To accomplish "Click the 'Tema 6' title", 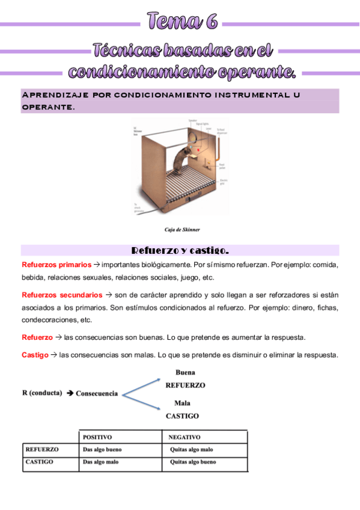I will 181,22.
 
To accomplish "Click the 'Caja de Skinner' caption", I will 182,229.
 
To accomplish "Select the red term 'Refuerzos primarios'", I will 56,265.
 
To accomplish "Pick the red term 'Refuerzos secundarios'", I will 62,295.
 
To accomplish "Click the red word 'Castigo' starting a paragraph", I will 35,355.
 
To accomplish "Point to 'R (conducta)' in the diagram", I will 41,393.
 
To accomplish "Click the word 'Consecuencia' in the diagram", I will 97,394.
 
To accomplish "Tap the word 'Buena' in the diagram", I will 185,373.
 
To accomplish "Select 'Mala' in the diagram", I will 182,403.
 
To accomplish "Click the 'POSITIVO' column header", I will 97,437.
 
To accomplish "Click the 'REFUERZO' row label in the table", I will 42,449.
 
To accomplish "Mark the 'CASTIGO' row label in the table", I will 40,462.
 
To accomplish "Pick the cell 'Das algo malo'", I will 100,462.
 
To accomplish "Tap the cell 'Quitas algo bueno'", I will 193,462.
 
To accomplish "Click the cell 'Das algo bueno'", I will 102,449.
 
